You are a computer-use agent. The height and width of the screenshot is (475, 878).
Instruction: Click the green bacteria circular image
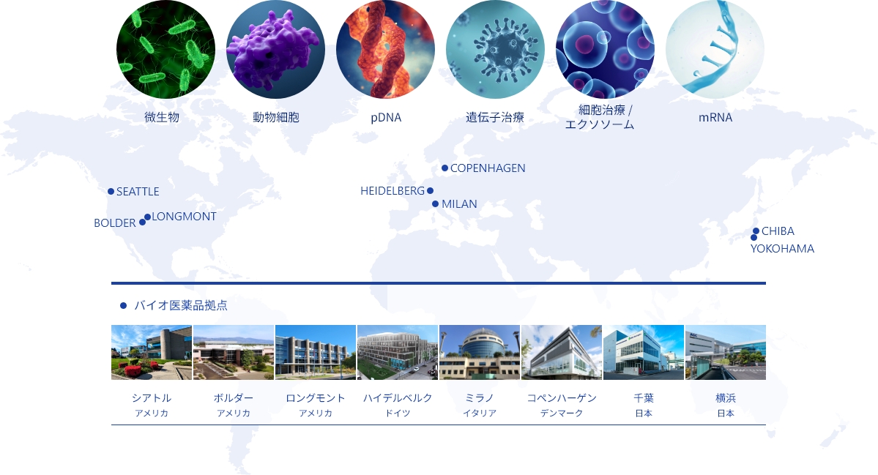click(165, 49)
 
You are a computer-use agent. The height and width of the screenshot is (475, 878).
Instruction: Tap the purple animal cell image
click(275, 49)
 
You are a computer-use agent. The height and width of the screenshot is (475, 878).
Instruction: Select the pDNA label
click(386, 118)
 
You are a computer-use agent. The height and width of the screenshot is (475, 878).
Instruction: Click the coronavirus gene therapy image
click(495, 49)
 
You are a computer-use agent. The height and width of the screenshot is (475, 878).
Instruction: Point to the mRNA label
click(715, 118)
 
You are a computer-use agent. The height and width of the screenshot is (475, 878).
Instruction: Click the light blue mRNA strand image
click(715, 49)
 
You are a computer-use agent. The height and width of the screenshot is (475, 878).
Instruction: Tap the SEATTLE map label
click(138, 191)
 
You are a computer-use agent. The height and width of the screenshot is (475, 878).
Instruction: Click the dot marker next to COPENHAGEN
click(444, 168)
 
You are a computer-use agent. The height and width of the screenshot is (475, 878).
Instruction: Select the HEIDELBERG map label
click(393, 191)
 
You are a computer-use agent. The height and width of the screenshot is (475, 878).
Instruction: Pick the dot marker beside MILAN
click(435, 204)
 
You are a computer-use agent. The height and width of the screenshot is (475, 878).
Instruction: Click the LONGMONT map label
click(184, 217)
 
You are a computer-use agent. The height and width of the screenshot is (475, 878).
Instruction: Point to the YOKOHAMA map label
click(782, 248)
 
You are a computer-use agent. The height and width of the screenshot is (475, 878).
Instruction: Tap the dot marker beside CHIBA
click(756, 231)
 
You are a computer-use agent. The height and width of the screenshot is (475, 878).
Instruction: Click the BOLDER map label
click(115, 223)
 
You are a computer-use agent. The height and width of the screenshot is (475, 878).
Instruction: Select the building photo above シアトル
click(152, 353)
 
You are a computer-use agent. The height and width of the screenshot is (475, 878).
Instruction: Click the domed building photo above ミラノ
click(480, 353)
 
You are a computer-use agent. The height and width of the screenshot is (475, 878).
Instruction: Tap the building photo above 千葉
click(644, 353)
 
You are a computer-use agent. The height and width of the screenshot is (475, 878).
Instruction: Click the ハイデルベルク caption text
click(398, 398)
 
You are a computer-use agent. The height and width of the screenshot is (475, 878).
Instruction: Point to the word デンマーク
click(562, 413)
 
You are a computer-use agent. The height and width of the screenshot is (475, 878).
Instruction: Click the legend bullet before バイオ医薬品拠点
click(123, 305)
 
